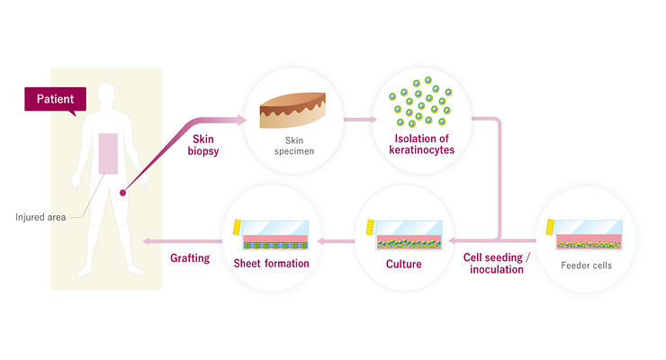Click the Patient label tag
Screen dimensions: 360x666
[x=55, y=97]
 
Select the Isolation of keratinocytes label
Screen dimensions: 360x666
[x=418, y=144]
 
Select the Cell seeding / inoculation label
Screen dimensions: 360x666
[x=497, y=263]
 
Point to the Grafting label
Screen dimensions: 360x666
[x=190, y=258]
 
